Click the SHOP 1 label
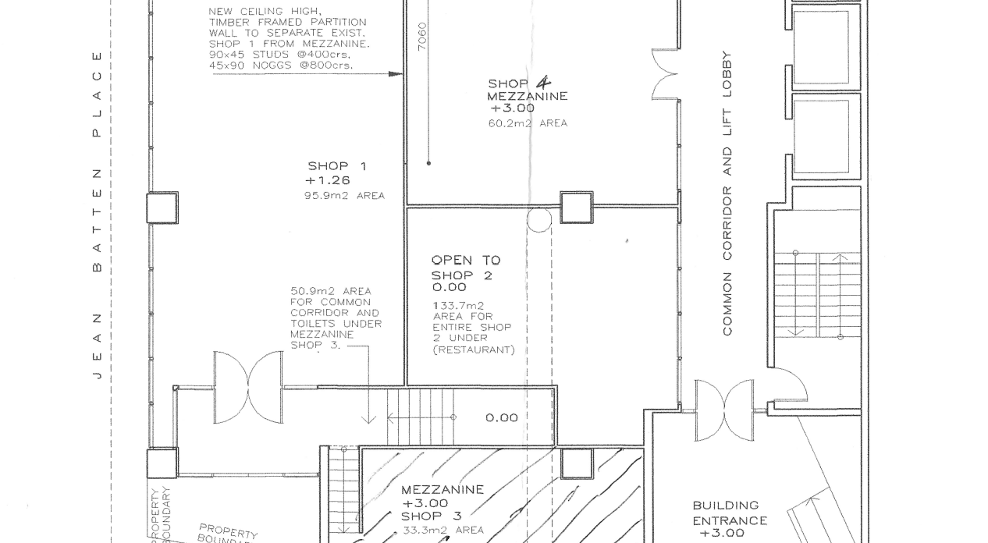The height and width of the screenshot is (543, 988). click(x=337, y=166)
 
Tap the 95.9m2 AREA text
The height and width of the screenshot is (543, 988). click(x=344, y=196)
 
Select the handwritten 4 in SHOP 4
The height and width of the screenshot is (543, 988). click(x=542, y=82)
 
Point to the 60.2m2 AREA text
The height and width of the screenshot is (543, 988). click(x=527, y=123)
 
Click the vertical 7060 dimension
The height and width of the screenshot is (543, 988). click(x=422, y=37)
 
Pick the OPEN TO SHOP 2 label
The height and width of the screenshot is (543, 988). click(x=466, y=268)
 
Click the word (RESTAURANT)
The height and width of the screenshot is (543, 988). click(x=474, y=350)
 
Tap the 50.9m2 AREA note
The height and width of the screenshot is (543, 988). click(x=331, y=291)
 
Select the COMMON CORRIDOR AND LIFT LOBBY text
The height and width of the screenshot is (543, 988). click(x=727, y=193)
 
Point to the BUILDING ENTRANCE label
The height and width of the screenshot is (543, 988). click(x=729, y=513)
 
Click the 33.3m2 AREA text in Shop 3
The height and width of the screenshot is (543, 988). click(x=442, y=531)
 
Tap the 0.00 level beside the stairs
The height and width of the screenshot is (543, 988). click(x=501, y=418)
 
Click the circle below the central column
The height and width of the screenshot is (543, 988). click(x=538, y=220)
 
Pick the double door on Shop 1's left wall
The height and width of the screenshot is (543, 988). click(x=249, y=387)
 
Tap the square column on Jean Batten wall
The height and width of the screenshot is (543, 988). click(x=162, y=208)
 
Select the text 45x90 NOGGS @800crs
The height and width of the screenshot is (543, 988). click(x=280, y=66)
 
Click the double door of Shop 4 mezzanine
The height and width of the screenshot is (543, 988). click(x=665, y=75)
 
